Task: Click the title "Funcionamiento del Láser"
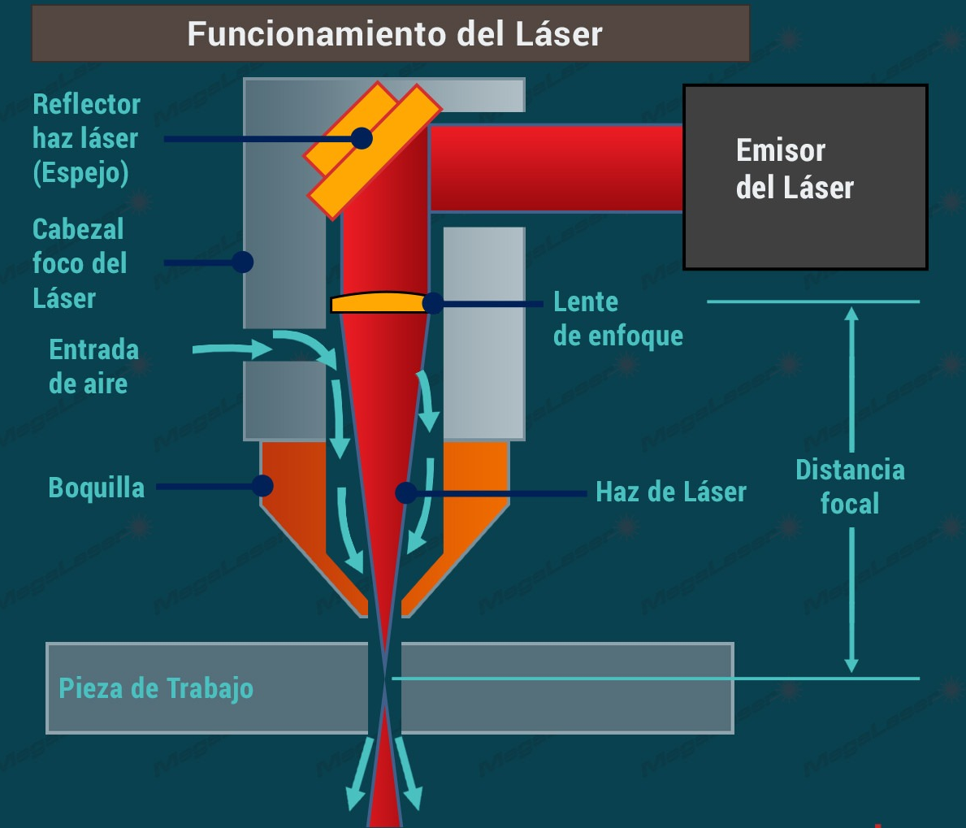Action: tap(394, 34)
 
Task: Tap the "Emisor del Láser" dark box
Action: tap(804, 176)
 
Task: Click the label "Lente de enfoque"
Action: tap(617, 319)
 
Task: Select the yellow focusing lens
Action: tap(379, 302)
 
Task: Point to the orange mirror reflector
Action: tap(374, 150)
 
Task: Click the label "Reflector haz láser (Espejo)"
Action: tap(86, 138)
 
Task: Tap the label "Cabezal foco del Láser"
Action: tap(79, 263)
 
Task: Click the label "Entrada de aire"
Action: tap(93, 366)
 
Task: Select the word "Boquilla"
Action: tap(97, 488)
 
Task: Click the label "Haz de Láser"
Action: tap(670, 492)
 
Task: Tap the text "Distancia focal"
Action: tap(850, 486)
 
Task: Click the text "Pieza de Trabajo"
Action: tap(156, 688)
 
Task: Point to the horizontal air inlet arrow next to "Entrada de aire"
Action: tap(232, 349)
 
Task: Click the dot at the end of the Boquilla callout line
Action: tap(262, 486)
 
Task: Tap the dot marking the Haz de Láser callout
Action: tap(405, 492)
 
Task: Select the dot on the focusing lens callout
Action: tap(433, 303)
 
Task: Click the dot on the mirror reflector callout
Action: tap(362, 138)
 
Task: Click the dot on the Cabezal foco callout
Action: tap(242, 262)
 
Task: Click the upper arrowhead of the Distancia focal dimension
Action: tap(851, 313)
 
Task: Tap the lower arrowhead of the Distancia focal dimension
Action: tap(851, 665)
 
